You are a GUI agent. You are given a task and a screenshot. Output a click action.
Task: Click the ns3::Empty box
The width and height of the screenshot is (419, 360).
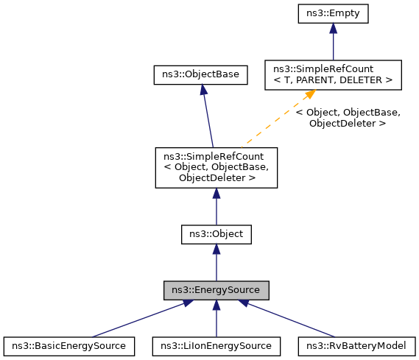[x=333, y=13]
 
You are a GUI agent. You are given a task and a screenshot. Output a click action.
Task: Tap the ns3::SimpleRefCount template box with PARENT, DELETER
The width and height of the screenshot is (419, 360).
[x=333, y=74]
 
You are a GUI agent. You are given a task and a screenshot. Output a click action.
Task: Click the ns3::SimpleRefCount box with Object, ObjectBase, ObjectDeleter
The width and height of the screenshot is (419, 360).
[x=216, y=166]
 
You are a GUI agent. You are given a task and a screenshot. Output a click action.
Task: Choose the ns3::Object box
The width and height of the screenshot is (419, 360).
[x=216, y=234]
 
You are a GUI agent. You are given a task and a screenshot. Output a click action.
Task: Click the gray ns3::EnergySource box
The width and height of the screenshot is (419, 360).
[x=216, y=289]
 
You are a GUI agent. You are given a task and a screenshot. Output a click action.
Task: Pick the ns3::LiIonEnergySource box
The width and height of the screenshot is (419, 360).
[x=216, y=345]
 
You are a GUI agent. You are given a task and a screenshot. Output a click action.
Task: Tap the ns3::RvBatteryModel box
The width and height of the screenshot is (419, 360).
[x=356, y=345]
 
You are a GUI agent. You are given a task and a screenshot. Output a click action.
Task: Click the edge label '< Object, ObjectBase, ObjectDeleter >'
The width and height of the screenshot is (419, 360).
[x=347, y=119]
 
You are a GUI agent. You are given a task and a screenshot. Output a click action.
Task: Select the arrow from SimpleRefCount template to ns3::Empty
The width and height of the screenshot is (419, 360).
[x=333, y=44]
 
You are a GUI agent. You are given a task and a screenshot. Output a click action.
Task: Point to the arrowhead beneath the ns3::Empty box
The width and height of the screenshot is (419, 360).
[x=333, y=28]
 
